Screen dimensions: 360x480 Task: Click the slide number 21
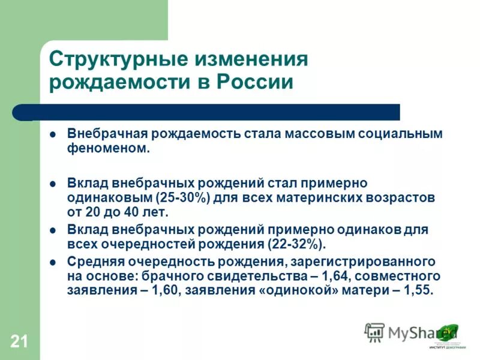tap(19, 342)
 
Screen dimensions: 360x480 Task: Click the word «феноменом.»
tap(108, 148)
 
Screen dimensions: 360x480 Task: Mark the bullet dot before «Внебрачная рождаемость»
tap(53, 134)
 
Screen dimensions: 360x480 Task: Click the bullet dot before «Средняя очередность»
tap(53, 262)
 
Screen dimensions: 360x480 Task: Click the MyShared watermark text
tap(414, 332)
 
